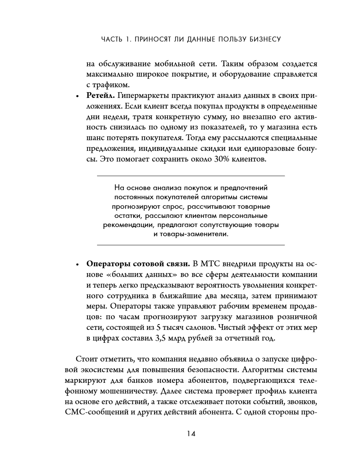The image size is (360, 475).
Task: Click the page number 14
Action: [x=191, y=434]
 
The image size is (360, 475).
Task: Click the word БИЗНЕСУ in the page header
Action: [x=262, y=39]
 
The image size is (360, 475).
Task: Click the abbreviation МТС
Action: [x=211, y=264]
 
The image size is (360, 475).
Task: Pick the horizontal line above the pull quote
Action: [x=191, y=176]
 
